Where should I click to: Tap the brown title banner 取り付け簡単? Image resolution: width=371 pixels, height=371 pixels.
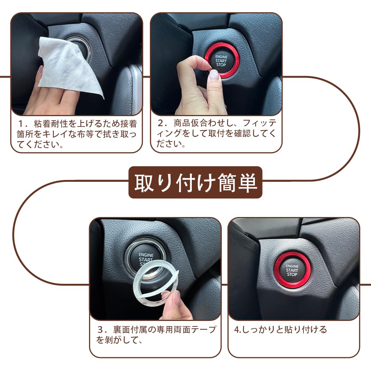[x=195, y=182]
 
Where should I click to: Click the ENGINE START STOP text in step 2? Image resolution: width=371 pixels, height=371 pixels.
[x=221, y=61]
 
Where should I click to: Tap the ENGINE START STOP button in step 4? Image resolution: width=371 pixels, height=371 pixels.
[x=292, y=270]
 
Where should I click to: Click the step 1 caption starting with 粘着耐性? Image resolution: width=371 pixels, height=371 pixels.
[x=77, y=134]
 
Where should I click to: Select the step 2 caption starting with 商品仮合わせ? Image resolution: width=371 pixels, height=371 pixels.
[x=217, y=133]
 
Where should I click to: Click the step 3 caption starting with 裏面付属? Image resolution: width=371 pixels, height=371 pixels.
[x=156, y=335]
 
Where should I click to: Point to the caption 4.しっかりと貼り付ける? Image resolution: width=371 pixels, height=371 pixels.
[x=280, y=329]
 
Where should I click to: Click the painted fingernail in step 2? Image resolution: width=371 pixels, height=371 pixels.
[x=214, y=75]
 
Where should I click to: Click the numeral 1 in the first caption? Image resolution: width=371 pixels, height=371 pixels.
[x=21, y=124]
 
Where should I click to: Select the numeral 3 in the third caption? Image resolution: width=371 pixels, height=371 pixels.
[x=100, y=330]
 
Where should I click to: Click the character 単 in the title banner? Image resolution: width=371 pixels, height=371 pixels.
[x=247, y=183]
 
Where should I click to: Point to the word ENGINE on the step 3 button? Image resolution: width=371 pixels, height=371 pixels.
[x=146, y=255]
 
